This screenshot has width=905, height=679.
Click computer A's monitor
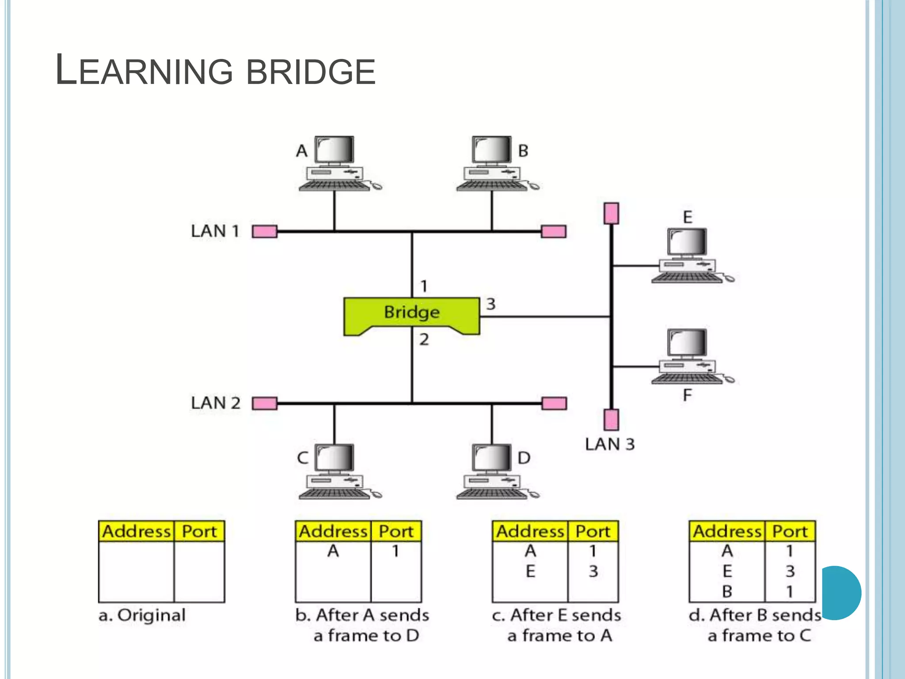click(334, 150)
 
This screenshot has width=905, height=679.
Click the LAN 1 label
click(215, 231)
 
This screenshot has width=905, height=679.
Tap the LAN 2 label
click(215, 403)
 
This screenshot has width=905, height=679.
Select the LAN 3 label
click(609, 444)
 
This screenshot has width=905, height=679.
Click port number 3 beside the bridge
click(491, 304)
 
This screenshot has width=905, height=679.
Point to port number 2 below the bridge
click(424, 339)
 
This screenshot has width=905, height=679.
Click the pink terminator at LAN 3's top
click(611, 214)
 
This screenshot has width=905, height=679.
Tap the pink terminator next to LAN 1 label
click(264, 231)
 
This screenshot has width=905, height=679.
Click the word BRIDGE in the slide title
click(311, 72)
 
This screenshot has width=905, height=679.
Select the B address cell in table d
click(727, 591)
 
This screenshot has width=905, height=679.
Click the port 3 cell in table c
click(593, 571)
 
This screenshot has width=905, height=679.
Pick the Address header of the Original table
click(136, 531)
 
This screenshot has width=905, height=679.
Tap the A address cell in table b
click(333, 551)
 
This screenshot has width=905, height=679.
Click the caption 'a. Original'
click(142, 615)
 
